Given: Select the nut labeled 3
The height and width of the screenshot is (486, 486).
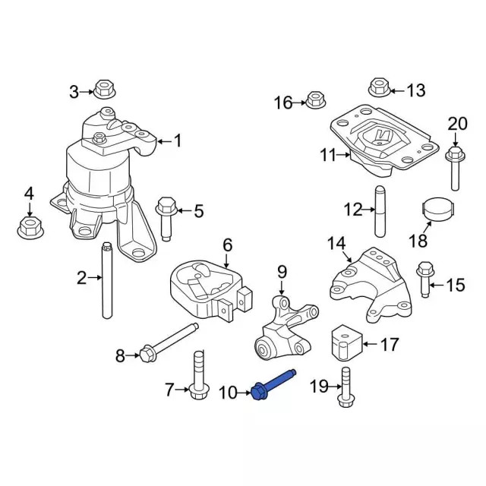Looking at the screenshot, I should click(x=104, y=89).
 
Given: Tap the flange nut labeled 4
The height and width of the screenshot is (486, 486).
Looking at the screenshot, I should click(x=29, y=226).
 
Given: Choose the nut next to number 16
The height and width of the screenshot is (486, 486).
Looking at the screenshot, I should click(x=316, y=99).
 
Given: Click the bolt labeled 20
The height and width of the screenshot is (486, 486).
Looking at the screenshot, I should click(x=456, y=168).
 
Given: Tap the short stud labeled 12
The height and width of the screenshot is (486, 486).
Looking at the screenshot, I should click(x=378, y=211).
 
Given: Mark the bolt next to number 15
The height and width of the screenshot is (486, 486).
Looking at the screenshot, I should click(x=424, y=280).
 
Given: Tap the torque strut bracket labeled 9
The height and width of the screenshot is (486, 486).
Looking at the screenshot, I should click(x=284, y=330).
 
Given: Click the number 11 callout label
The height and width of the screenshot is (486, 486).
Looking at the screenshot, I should click(x=327, y=156).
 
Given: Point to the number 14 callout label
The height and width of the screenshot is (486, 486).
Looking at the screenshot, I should click(x=336, y=243).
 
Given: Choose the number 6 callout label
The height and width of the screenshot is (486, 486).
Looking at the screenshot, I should click(x=226, y=245).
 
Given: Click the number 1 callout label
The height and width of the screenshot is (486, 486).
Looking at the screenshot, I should click(x=178, y=140).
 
